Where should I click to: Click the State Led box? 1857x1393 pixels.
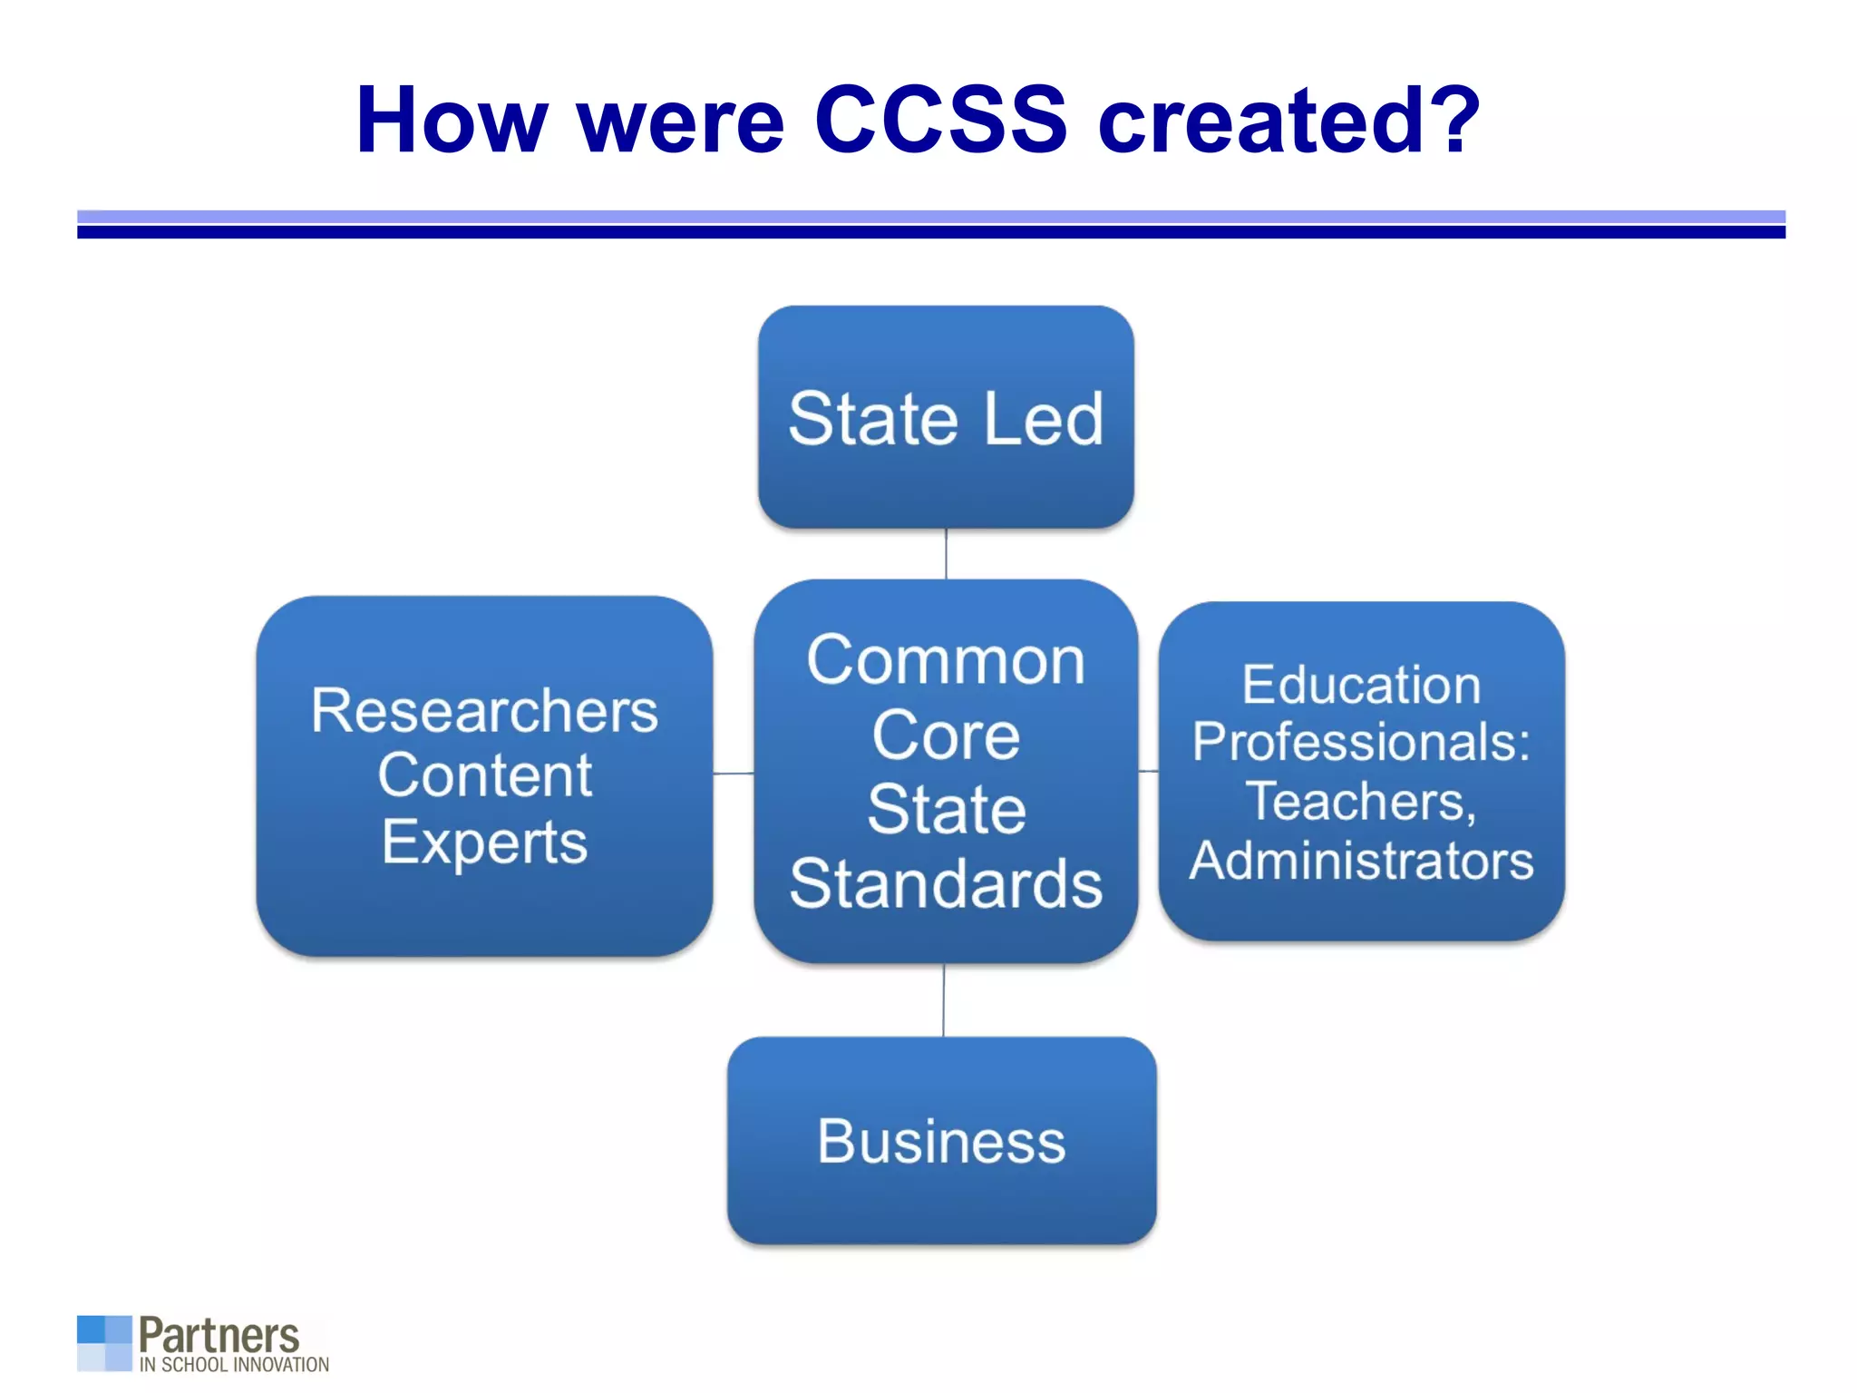coord(946,417)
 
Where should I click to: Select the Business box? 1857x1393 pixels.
coord(941,1140)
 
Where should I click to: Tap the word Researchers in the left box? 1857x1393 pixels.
coord(484,710)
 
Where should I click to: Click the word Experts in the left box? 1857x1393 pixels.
coord(484,842)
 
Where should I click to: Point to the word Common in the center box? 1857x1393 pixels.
coord(946,660)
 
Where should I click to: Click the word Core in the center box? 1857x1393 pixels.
coord(946,735)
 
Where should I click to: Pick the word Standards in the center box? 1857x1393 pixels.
coord(946,883)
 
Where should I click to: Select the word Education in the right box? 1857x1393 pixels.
coord(1361,684)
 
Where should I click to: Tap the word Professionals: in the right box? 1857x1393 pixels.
coord(1361,742)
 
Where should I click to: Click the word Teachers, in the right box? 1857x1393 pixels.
coord(1361,801)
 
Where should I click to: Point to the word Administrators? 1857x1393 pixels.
coord(1361,860)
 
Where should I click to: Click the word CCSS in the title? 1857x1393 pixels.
coord(940,120)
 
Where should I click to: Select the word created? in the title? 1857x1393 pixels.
coord(1288,120)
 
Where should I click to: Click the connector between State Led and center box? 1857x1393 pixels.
coord(946,553)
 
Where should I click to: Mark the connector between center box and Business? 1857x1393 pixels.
coord(943,999)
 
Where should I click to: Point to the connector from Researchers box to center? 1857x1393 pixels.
coord(733,774)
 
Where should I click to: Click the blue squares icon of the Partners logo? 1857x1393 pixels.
coord(104,1342)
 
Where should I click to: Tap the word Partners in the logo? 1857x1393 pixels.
coord(219,1335)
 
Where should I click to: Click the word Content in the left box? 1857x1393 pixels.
coord(484,775)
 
